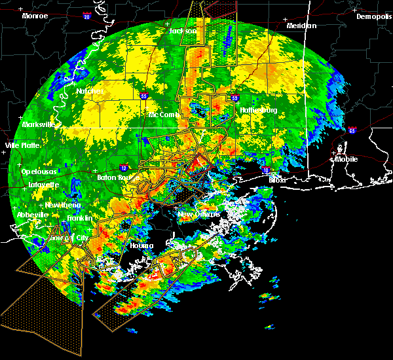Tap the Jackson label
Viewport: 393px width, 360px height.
(x=183, y=31)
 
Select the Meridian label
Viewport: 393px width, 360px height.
(x=301, y=26)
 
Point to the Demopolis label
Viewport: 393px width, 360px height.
(x=373, y=16)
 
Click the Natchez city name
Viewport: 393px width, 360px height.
(x=90, y=91)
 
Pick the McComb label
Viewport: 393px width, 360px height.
(x=163, y=115)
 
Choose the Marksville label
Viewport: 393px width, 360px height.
(x=37, y=124)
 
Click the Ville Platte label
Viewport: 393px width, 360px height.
(x=22, y=145)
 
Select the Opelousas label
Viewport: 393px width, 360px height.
(x=37, y=171)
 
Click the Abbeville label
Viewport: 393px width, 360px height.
(x=33, y=215)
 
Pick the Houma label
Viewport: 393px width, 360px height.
(x=141, y=245)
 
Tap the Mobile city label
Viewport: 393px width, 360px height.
(x=347, y=159)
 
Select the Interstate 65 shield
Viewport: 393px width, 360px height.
(x=352, y=130)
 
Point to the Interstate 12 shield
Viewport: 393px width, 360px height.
(x=124, y=168)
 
